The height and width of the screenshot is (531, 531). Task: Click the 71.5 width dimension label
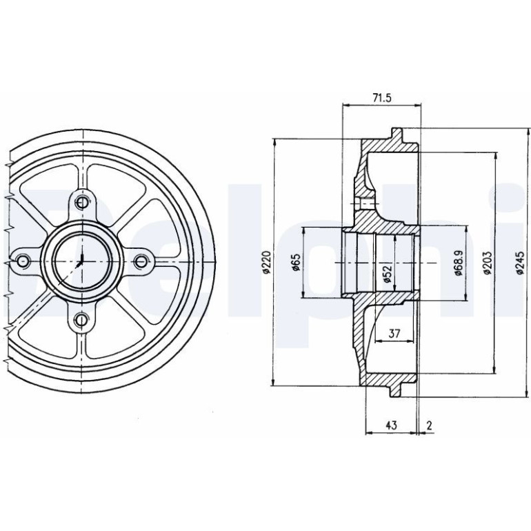pyautogui.click(x=381, y=98)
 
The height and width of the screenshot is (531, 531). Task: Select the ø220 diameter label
pyautogui.click(x=266, y=262)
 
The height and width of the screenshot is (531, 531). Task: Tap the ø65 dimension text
pyautogui.click(x=296, y=262)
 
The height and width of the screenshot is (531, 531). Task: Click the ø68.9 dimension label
pyautogui.click(x=458, y=263)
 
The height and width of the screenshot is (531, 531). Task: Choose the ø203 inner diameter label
pyautogui.click(x=487, y=263)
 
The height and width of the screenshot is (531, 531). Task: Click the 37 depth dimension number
pyautogui.click(x=394, y=334)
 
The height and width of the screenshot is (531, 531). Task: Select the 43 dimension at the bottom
pyautogui.click(x=391, y=425)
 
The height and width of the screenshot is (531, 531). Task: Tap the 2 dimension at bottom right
pyautogui.click(x=430, y=425)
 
